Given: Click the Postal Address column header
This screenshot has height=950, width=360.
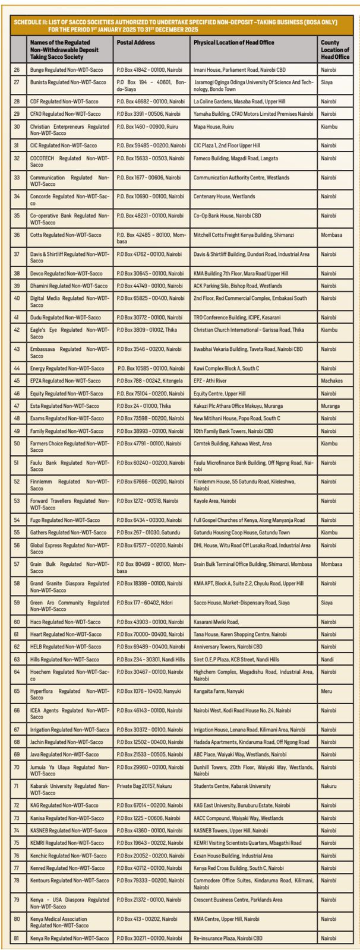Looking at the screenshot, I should click(135, 43).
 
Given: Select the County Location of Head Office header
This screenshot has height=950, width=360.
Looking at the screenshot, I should click(334, 50).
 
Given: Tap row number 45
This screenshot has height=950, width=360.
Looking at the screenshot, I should click(17, 381).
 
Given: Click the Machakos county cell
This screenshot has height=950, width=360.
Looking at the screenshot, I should click(331, 381).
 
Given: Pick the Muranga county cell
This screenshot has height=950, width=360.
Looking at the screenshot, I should click(330, 406).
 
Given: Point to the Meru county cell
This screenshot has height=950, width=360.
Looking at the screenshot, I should click(326, 691).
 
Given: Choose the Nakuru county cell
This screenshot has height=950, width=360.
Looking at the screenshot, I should click(329, 786).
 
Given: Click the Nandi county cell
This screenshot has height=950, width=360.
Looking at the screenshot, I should click(327, 659).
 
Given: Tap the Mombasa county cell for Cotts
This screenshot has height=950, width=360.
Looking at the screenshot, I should click(332, 235).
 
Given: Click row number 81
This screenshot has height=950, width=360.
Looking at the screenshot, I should click(17, 938).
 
